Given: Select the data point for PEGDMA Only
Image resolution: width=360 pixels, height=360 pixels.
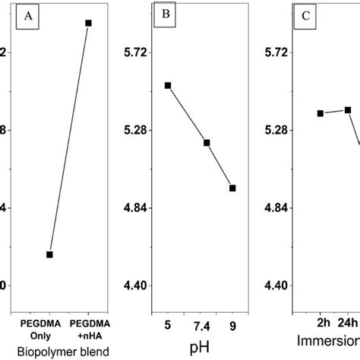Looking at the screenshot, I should point(49,254).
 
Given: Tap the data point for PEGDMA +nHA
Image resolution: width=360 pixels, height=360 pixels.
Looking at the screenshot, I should point(89,24).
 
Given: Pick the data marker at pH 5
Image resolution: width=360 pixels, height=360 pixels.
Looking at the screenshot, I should point(168,86).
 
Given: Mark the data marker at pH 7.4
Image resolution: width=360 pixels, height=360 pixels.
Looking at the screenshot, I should point(206,143).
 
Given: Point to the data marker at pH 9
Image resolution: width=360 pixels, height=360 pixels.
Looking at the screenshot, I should point(232,188).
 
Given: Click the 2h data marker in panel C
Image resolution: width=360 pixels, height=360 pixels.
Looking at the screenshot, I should point(321,113).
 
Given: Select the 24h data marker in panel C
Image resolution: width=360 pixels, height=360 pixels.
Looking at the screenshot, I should point(348,110).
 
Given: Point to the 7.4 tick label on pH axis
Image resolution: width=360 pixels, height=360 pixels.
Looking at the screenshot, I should point(202,327).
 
